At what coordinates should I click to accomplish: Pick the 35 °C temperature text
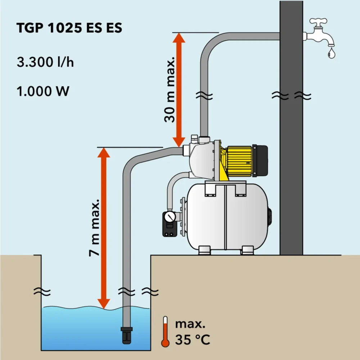[192, 339]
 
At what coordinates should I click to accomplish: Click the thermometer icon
[166, 332]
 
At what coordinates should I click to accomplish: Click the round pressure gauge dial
[169, 217]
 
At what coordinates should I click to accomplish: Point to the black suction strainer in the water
[127, 336]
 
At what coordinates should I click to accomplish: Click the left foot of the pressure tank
[204, 250]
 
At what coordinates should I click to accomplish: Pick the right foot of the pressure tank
[247, 250]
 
